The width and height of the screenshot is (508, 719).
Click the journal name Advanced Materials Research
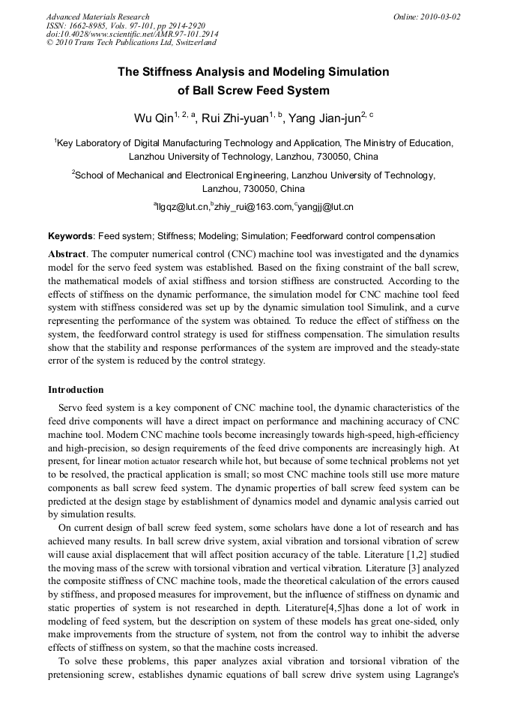(x=97, y=16)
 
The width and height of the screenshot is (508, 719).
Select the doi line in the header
(x=133, y=34)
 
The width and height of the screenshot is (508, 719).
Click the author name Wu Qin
(x=153, y=118)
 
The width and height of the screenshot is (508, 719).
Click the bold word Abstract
(x=67, y=254)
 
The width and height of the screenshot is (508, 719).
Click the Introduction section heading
(x=76, y=390)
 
